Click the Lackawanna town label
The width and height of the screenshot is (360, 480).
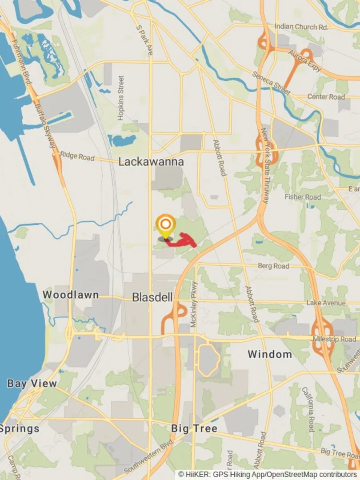[151, 162]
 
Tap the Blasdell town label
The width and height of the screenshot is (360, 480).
[152, 298]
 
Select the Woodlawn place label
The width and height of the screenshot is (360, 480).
[71, 295]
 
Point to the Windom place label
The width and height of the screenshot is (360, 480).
[270, 354]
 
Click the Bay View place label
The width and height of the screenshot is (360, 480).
[32, 383]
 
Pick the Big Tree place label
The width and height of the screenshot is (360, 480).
[194, 428]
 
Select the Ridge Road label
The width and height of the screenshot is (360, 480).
[77, 156]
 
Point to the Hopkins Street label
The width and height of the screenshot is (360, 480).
[121, 98]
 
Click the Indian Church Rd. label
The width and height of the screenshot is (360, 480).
[301, 27]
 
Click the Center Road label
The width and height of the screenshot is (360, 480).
[326, 97]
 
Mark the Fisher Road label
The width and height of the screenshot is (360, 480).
[303, 197]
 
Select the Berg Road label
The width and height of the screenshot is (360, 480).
[273, 266]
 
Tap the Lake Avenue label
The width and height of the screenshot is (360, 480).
[326, 303]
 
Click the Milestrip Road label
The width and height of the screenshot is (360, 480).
[334, 339]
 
